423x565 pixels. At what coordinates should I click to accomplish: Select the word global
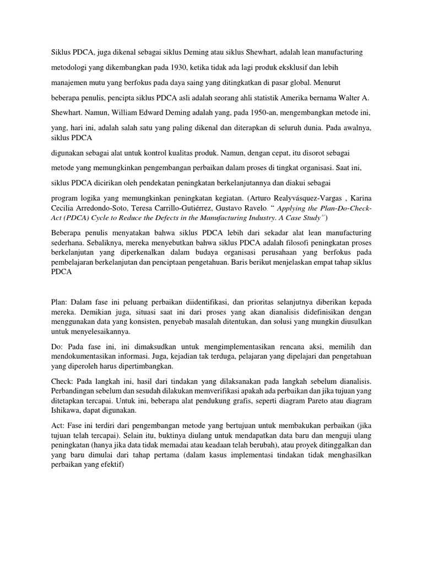pos(288,83)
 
